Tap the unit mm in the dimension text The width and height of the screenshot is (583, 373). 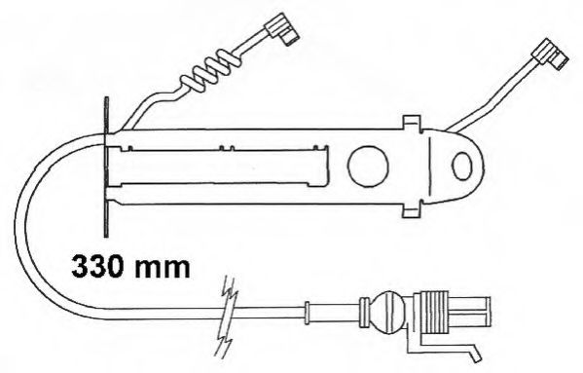click(x=162, y=266)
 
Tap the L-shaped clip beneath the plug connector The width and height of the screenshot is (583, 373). click(x=443, y=348)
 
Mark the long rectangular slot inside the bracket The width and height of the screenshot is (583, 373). click(x=219, y=167)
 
